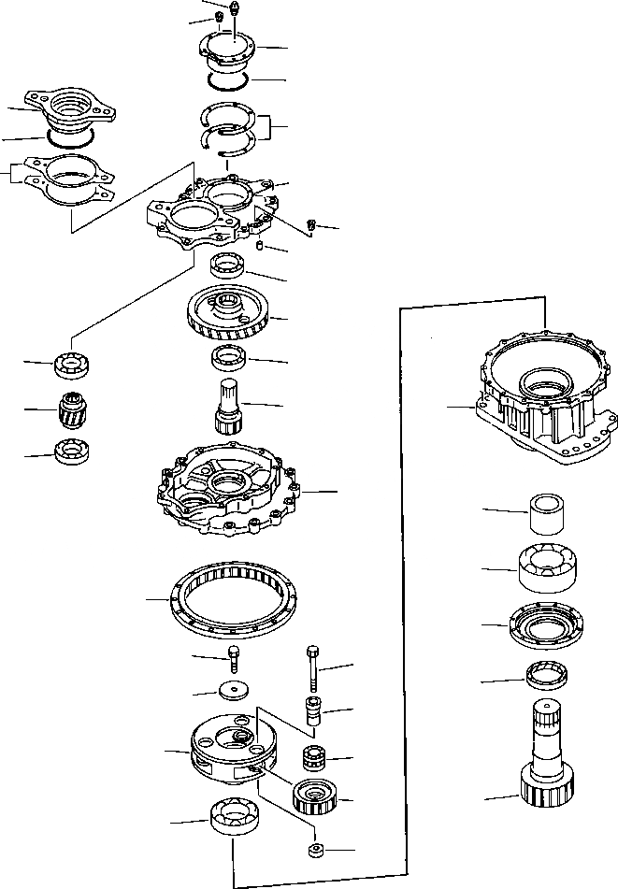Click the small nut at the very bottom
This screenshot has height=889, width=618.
316,852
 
